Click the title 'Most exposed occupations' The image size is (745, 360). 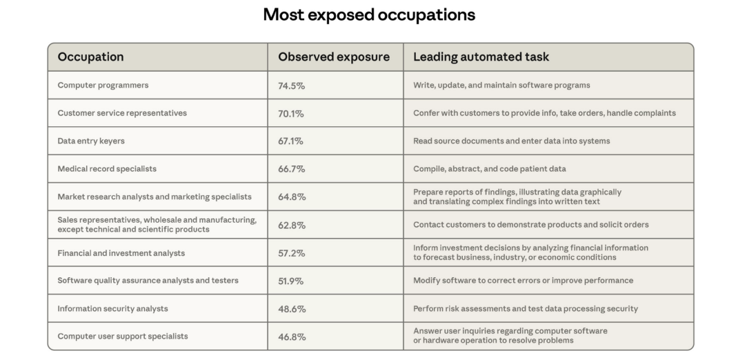(369, 15)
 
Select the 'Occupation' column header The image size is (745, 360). (90, 57)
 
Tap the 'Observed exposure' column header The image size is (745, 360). (334, 57)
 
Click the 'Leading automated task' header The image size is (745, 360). (481, 57)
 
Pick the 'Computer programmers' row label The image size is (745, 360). (103, 86)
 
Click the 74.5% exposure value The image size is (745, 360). (291, 86)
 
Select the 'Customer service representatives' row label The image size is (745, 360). (122, 113)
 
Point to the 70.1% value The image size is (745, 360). (290, 114)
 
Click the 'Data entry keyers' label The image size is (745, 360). (91, 141)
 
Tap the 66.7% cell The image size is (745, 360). (291, 169)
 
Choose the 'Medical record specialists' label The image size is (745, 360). (107, 169)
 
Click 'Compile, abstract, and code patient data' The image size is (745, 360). (489, 169)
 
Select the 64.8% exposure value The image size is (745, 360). (291, 197)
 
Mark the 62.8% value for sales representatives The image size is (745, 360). (291, 226)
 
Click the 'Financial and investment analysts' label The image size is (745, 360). (121, 253)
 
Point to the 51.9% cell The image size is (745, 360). (291, 281)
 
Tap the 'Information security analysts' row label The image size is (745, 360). (112, 308)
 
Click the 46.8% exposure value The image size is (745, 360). (291, 337)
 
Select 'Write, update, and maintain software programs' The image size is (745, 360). (501, 86)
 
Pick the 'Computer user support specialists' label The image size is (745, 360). (123, 337)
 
